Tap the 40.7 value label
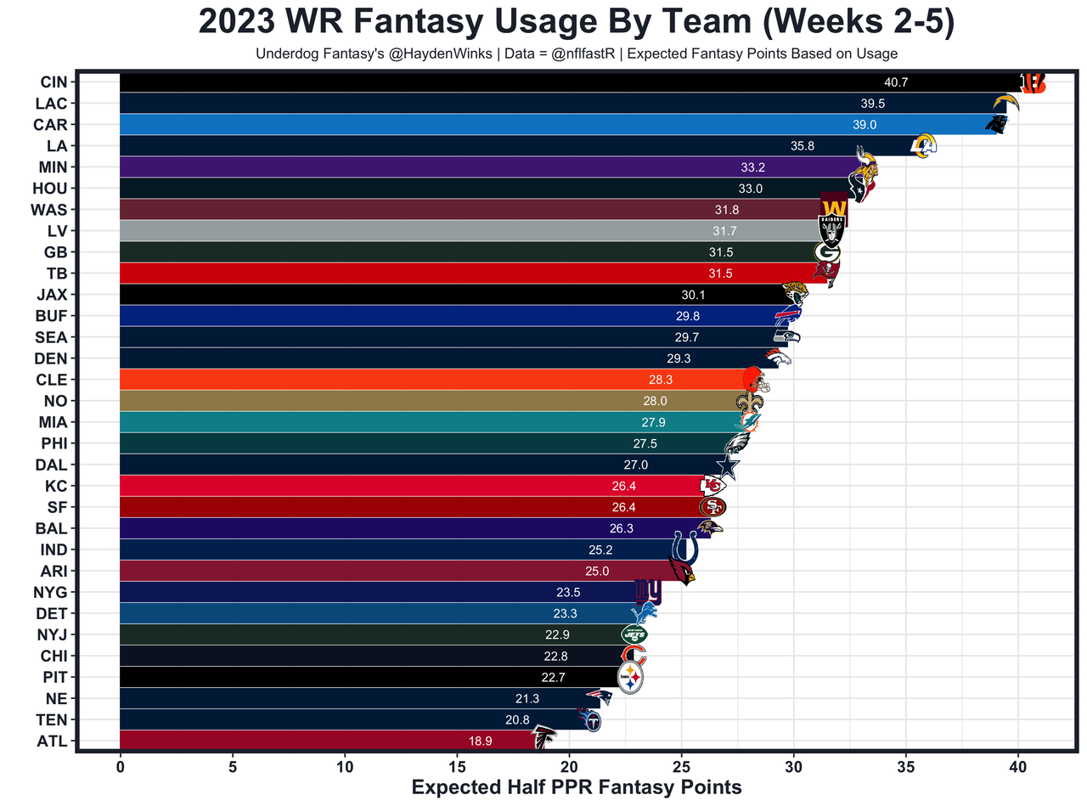[896, 82]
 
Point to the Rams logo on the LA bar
[923, 146]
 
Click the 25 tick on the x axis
[681, 768]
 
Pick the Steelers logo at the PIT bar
[630, 678]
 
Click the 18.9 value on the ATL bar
[480, 741]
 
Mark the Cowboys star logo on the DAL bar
[727, 465]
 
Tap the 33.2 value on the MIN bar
[752, 167]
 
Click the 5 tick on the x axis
[232, 768]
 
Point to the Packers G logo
[826, 252]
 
